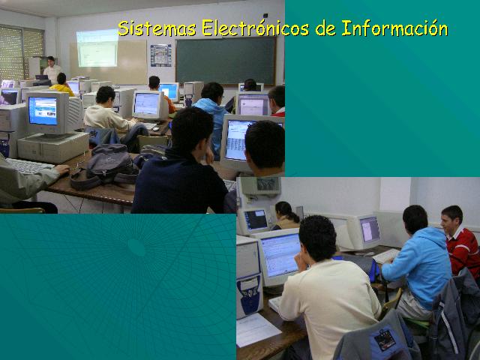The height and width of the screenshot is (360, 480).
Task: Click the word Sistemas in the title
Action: point(157,28)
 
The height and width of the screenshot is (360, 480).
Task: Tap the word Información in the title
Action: point(395,28)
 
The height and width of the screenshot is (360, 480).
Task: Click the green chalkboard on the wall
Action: point(226,61)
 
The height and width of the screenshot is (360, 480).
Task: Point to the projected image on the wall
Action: point(97,48)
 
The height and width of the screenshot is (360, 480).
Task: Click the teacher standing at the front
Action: point(52,70)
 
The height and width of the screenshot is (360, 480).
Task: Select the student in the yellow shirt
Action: point(62,84)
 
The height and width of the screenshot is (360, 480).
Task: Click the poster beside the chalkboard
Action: point(160,55)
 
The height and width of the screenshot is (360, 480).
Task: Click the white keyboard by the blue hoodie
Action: point(386,256)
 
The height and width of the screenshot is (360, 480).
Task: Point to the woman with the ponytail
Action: point(286,216)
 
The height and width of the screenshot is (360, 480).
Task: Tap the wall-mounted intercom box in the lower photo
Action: point(260,185)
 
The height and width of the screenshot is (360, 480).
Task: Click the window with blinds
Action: point(21,53)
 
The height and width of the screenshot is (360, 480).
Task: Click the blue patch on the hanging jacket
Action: point(384,339)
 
